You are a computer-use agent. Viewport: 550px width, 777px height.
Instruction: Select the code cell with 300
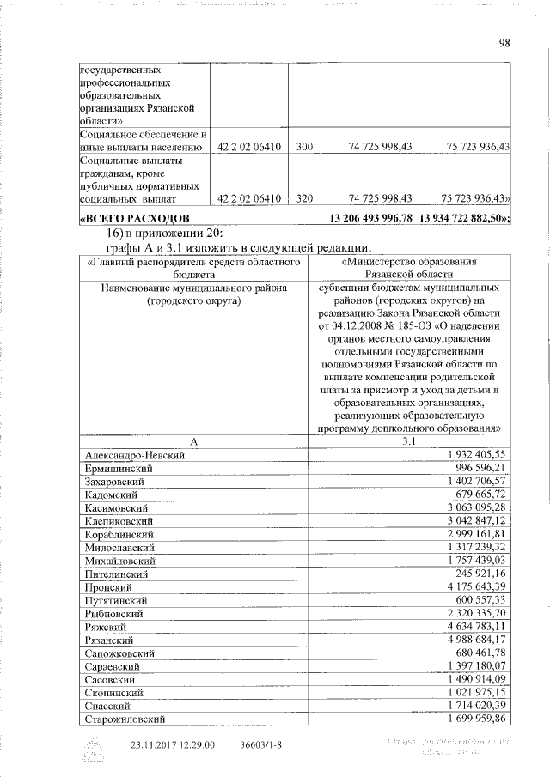[x=303, y=148]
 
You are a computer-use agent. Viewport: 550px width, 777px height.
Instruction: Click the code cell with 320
[x=303, y=199]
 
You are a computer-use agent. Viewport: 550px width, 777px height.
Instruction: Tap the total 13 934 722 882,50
[x=462, y=220]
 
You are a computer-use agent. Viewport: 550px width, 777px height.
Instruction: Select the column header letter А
[x=194, y=440]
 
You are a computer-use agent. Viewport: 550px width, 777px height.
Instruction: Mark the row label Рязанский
[x=108, y=640]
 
